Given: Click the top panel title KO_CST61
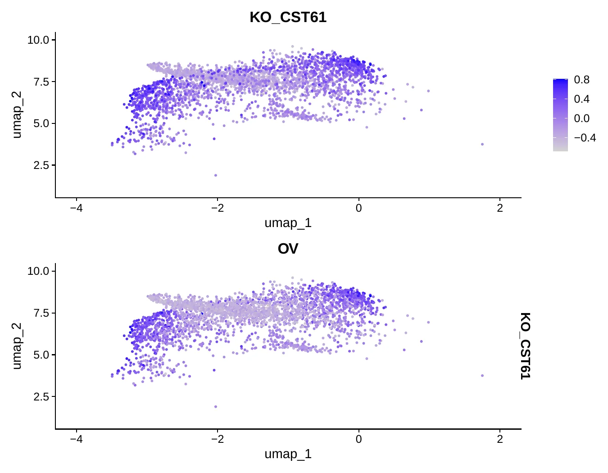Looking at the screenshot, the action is (x=288, y=18).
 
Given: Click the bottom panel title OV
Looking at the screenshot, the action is (x=288, y=249).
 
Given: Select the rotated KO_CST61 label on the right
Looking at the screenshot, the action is (x=525, y=346).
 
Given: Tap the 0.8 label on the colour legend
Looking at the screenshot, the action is (x=582, y=80).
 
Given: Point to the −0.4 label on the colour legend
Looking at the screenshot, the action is (x=585, y=138).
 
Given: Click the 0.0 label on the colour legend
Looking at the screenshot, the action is (x=582, y=118).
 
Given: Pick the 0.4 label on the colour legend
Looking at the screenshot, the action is (x=582, y=99).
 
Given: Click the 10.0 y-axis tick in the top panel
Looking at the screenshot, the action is (x=38, y=40).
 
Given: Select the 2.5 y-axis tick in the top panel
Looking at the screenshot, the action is (x=41, y=165).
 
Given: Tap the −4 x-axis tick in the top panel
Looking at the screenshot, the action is (x=77, y=208).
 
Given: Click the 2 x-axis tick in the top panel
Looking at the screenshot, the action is (x=500, y=208).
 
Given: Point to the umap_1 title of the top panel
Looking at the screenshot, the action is (x=288, y=223).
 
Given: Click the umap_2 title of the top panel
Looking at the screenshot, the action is (x=17, y=115).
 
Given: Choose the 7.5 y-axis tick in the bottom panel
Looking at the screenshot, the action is (x=41, y=313).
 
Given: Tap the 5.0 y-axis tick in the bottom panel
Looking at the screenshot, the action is (x=41, y=355).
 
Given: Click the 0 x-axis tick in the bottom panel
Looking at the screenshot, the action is (x=358, y=439).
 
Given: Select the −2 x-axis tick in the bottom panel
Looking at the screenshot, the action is (x=218, y=439).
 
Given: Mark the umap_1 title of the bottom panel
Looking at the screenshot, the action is (x=288, y=454).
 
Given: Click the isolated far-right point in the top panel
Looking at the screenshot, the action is (x=482, y=145).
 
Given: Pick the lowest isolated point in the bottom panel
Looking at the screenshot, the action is (x=215, y=407).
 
